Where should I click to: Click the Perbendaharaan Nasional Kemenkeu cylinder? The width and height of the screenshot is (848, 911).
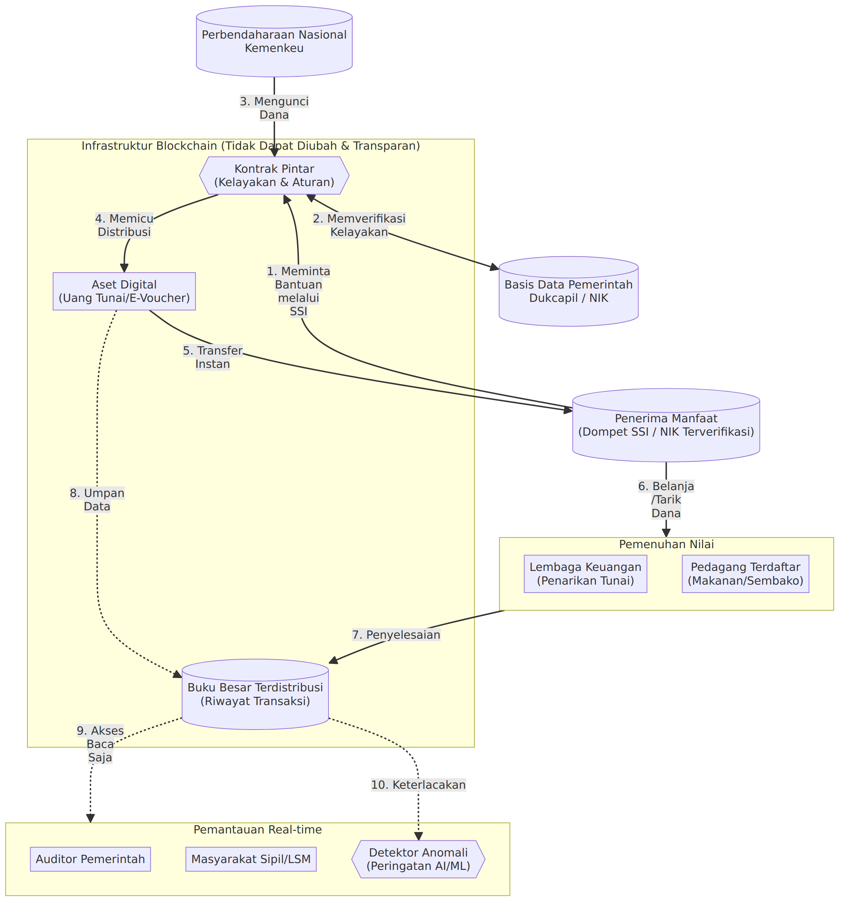tap(274, 41)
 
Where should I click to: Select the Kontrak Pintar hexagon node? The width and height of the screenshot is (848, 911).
tap(274, 176)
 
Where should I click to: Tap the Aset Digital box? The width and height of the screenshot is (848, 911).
tap(124, 291)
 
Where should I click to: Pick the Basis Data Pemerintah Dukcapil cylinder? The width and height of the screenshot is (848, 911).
tap(568, 291)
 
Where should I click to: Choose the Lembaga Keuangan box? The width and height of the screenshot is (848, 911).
tap(585, 574)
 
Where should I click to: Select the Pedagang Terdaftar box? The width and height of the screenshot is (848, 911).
tap(745, 574)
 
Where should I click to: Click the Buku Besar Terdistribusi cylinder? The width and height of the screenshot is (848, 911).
tap(255, 694)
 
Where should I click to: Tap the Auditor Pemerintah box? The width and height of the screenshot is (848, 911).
tap(90, 859)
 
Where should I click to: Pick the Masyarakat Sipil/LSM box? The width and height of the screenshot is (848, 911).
tap(251, 859)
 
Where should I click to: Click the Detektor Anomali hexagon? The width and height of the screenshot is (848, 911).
tap(418, 859)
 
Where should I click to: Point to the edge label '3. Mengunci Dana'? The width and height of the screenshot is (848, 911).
tap(274, 108)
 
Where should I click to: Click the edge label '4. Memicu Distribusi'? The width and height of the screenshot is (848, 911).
tap(124, 225)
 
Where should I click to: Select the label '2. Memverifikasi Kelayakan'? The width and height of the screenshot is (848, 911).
tap(359, 225)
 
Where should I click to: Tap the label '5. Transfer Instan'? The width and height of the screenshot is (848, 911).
tap(213, 357)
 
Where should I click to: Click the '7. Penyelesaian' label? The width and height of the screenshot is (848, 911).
tap(396, 635)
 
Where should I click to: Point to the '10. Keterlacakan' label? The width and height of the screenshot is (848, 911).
tap(418, 785)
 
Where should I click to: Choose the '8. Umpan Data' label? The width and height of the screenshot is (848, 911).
tap(97, 499)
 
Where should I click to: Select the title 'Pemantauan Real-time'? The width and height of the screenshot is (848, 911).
tap(257, 829)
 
